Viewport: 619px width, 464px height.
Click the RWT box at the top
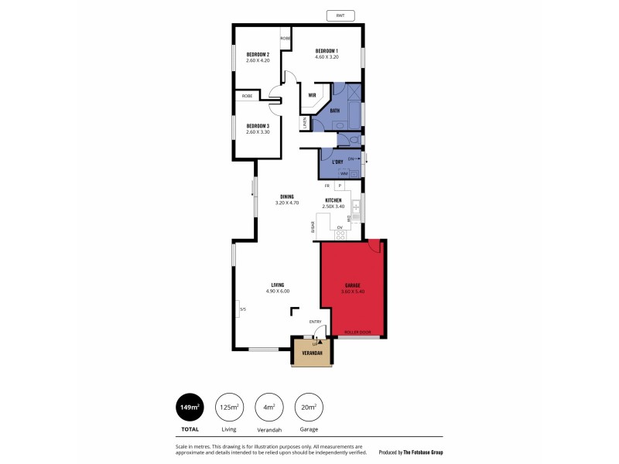[x=340, y=15]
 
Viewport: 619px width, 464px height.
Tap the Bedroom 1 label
[x=326, y=51]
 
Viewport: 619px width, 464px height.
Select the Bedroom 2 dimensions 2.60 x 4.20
[x=257, y=61]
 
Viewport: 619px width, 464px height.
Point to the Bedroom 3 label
[x=257, y=125]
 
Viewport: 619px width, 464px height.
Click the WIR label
[x=313, y=96]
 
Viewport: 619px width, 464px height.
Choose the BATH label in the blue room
[x=335, y=111]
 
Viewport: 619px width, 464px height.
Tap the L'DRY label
[x=337, y=162]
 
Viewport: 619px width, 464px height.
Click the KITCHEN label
[x=333, y=200]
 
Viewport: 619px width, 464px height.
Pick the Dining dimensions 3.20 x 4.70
[x=286, y=203]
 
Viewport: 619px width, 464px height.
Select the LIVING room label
[x=277, y=285]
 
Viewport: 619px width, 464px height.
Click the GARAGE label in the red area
[x=353, y=285]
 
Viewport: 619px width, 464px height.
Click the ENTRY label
[x=316, y=322]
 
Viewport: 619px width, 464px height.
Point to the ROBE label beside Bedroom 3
[x=247, y=96]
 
